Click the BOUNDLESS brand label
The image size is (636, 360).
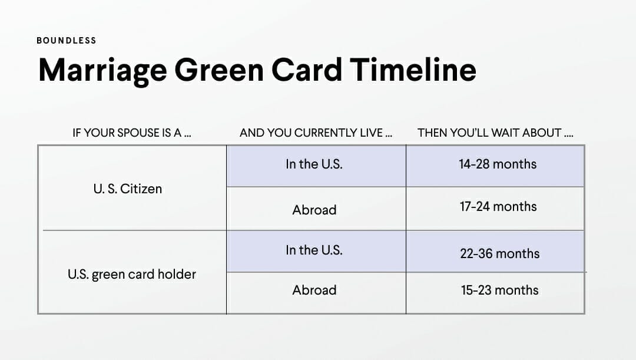(x=66, y=41)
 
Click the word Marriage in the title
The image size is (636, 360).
(x=102, y=70)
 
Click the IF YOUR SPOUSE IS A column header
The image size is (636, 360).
(x=132, y=133)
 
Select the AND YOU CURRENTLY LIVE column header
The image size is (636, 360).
(x=316, y=133)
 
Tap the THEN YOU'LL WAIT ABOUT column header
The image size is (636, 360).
(x=495, y=133)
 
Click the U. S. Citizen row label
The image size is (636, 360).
(x=128, y=189)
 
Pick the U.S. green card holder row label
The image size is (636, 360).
(x=132, y=274)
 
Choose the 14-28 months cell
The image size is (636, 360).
(x=498, y=164)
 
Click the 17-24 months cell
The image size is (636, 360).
(x=498, y=207)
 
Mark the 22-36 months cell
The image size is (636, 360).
(x=499, y=254)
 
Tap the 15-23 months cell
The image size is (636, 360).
(x=499, y=290)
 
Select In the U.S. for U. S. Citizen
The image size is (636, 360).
(x=314, y=164)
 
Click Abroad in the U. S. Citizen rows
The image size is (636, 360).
(x=314, y=210)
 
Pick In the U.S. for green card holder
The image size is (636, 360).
(x=314, y=250)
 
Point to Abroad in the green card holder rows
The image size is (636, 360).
(x=314, y=290)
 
